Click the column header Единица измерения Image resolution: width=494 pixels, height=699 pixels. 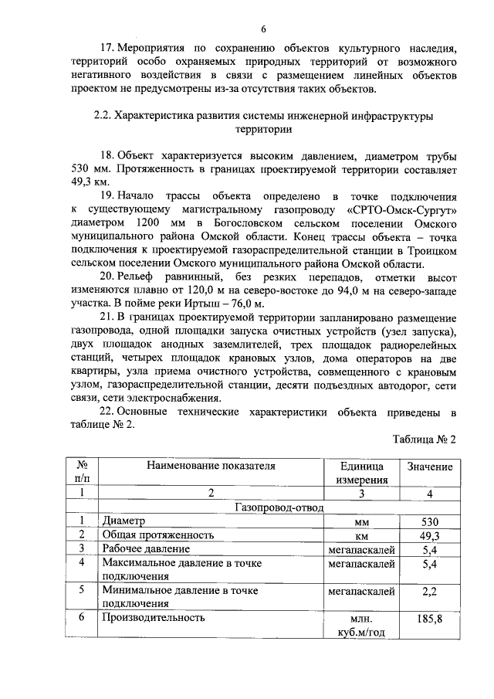point(360,473)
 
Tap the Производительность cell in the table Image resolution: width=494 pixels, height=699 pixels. point(153,618)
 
